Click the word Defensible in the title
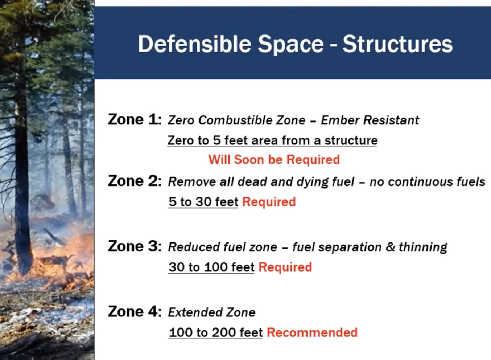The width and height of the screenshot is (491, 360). pos(194,44)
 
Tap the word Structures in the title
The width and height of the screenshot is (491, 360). pos(397,44)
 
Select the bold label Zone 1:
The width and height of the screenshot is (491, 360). pos(135,119)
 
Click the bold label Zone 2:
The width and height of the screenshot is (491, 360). pos(135,181)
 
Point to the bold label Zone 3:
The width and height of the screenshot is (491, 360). pos(135,246)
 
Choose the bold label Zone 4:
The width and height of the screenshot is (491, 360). pos(135,311)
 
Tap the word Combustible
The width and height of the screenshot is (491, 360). pos(235,120)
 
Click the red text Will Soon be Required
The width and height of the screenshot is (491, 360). pos(274,159)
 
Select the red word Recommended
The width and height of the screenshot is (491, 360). pos(312,332)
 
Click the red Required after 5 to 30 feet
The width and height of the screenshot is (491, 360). pos(269,202)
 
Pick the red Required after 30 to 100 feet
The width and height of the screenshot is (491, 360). pos(285,267)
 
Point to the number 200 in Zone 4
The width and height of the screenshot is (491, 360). pos(224,332)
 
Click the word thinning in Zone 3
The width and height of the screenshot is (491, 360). pos(423,247)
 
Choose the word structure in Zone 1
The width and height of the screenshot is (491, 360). pos(351,140)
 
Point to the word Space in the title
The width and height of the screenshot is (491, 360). pos(290,45)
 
